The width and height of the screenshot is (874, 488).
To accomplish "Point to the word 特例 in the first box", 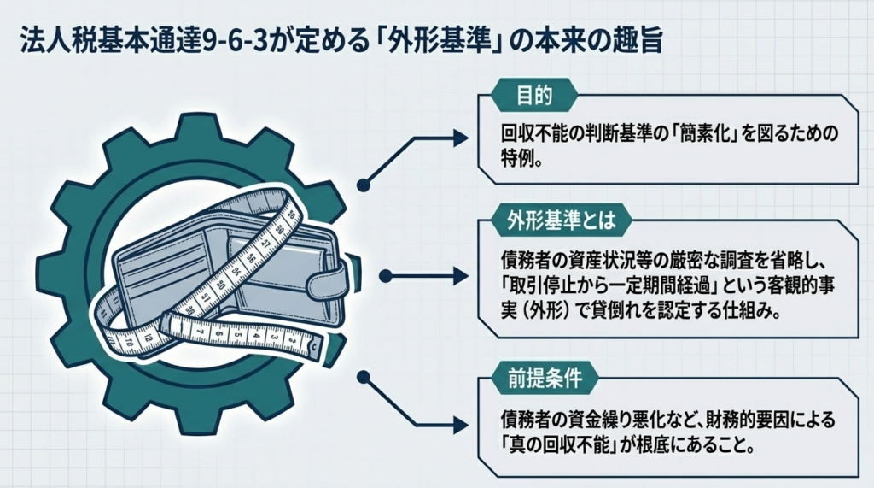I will point(521,159).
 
